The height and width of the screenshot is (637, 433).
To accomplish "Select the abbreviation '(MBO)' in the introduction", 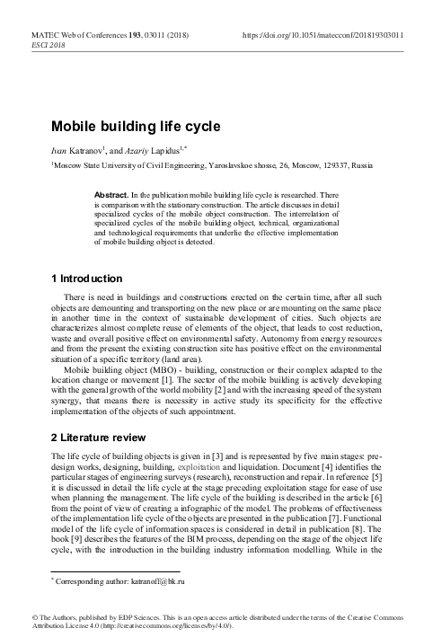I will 140,368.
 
